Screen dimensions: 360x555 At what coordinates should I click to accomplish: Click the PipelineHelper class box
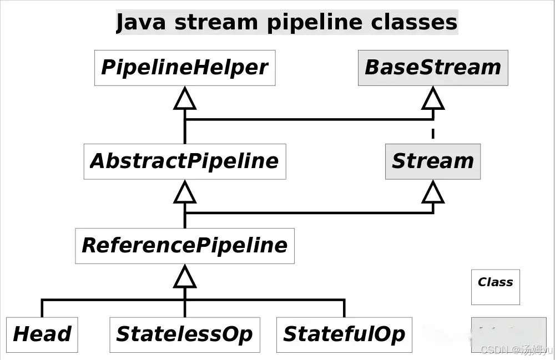click(x=184, y=68)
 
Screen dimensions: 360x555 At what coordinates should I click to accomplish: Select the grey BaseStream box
click(x=433, y=68)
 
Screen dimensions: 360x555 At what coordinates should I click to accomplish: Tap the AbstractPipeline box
click(x=184, y=161)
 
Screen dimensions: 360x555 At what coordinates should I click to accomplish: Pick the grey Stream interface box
click(x=433, y=161)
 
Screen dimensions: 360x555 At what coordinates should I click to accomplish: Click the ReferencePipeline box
click(x=184, y=246)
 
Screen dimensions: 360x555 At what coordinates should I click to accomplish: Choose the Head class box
click(x=42, y=334)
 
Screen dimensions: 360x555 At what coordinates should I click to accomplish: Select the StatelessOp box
click(x=184, y=334)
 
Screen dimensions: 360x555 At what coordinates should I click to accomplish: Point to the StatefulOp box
click(x=344, y=334)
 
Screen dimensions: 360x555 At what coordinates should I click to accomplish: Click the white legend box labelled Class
click(x=495, y=287)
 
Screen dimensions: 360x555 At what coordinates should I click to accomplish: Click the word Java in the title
click(x=141, y=23)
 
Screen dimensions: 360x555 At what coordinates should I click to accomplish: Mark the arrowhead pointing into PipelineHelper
click(x=185, y=99)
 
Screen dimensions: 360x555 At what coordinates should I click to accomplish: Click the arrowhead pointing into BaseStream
click(x=433, y=99)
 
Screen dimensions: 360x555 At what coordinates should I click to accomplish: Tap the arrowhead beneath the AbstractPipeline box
click(x=185, y=192)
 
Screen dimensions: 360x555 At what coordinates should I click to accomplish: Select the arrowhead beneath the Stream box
click(x=433, y=192)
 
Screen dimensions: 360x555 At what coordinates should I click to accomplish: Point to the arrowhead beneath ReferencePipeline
click(x=185, y=277)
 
